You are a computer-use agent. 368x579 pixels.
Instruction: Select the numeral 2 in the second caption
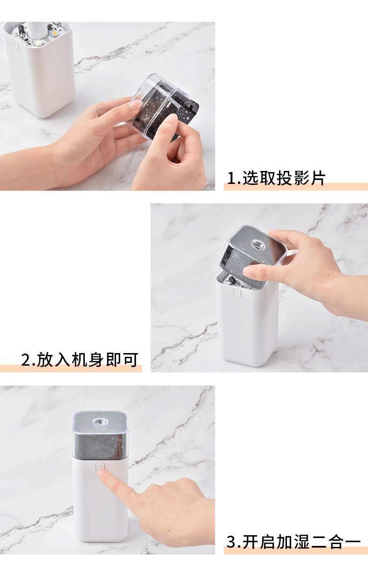(26, 360)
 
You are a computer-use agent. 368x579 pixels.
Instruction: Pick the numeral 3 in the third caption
(232, 542)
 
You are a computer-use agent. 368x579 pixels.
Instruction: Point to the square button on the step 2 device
(237, 293)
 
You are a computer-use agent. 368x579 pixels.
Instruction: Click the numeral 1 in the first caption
(231, 178)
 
